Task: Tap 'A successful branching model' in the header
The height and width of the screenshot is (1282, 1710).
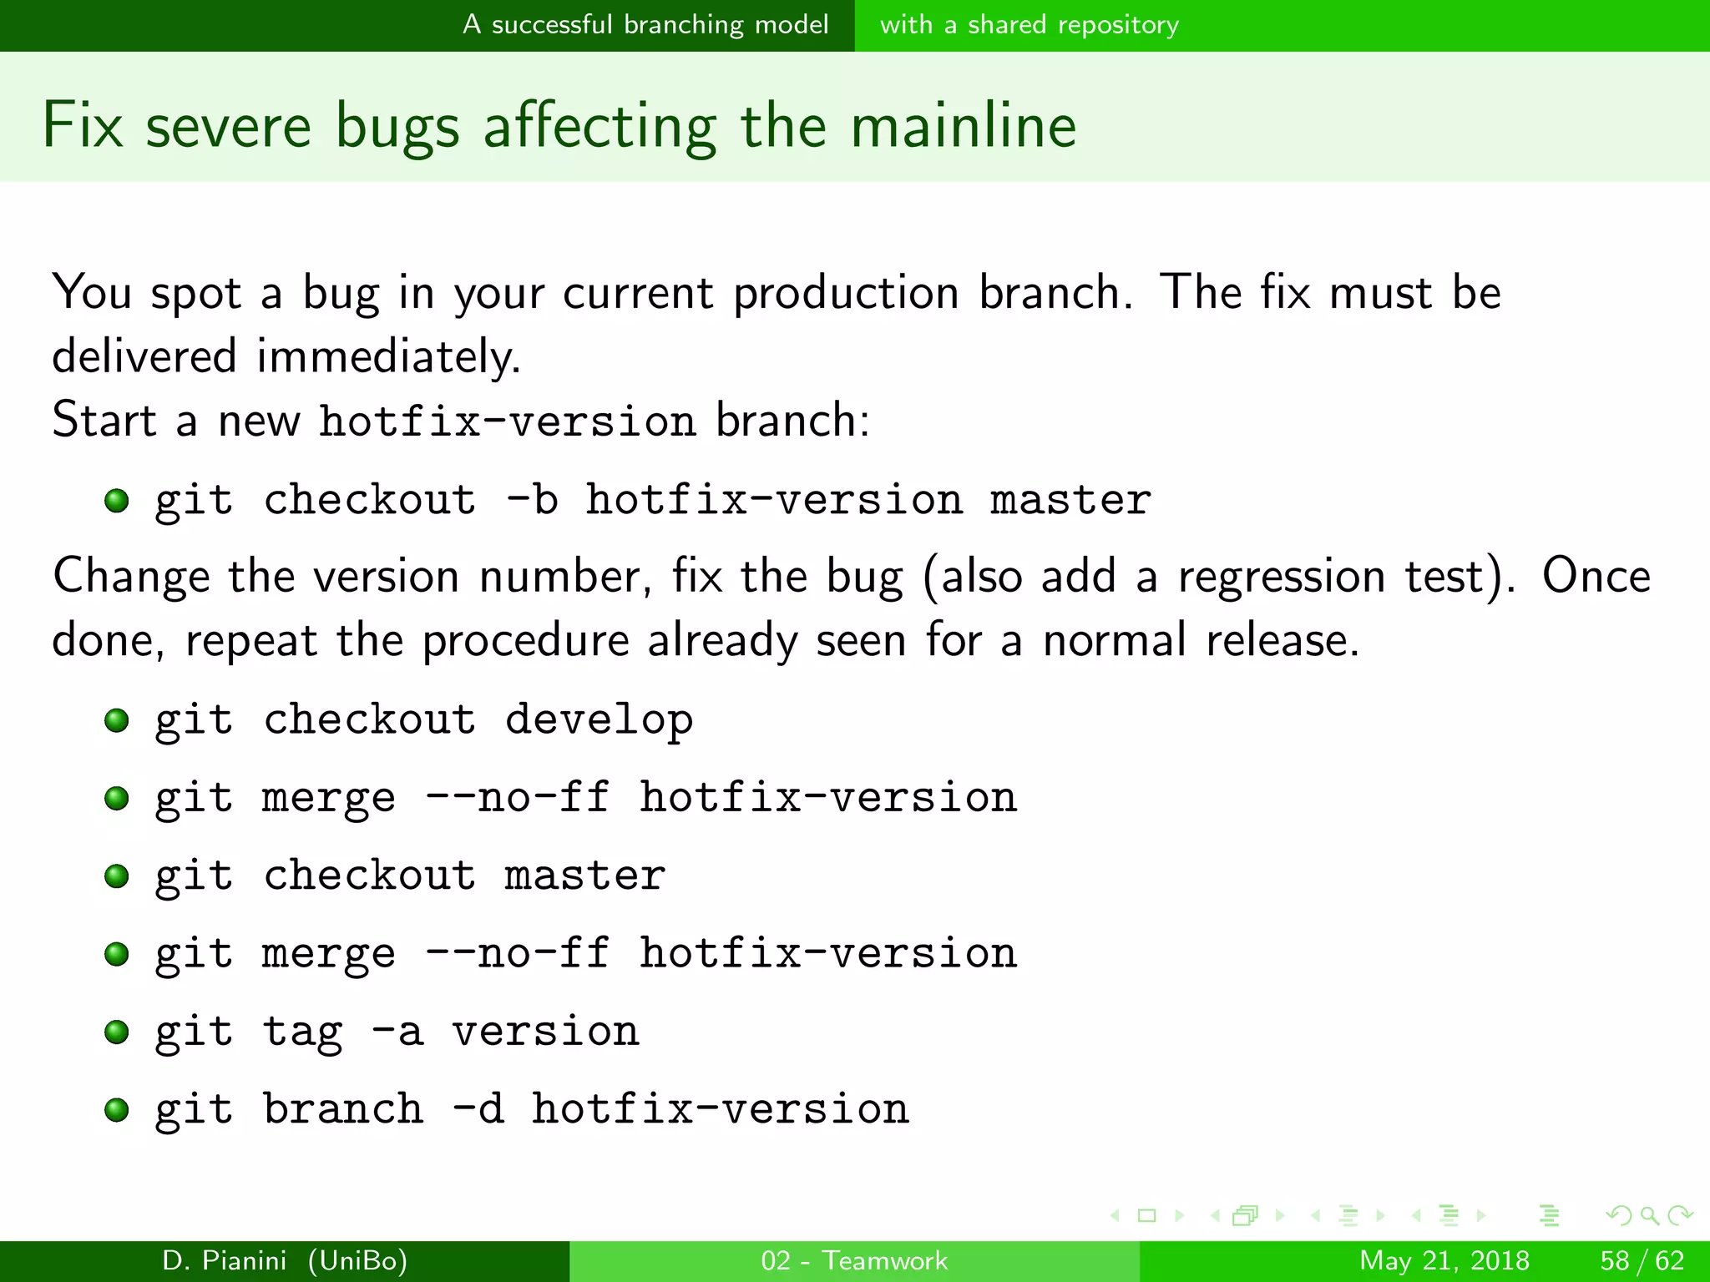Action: click(645, 24)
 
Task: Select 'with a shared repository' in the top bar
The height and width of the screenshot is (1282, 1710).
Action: click(1029, 24)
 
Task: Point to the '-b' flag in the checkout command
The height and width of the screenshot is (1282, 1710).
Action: click(532, 500)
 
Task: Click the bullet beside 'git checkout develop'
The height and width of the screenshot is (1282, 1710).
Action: click(117, 719)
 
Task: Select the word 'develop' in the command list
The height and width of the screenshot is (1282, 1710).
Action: click(599, 719)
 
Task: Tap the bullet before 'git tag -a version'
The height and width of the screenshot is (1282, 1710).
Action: click(117, 1032)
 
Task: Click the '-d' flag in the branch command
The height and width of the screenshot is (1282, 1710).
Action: click(478, 1109)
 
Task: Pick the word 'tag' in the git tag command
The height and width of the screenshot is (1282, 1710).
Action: click(302, 1032)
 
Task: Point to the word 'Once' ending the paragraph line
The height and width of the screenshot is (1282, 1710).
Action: click(1596, 577)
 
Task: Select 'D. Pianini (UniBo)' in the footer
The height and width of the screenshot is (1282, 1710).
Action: click(285, 1260)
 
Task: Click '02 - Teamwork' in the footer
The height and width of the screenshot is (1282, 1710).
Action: click(854, 1260)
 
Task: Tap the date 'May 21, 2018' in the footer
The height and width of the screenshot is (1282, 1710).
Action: click(1444, 1260)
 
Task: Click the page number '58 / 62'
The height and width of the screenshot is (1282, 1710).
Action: click(1642, 1260)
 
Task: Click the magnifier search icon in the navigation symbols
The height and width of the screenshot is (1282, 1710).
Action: click(1649, 1215)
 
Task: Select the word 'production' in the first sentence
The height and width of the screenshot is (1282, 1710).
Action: click(845, 293)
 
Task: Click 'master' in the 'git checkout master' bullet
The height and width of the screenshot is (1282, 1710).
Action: click(584, 876)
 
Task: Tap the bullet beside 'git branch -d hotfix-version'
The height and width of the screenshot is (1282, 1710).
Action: click(117, 1109)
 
